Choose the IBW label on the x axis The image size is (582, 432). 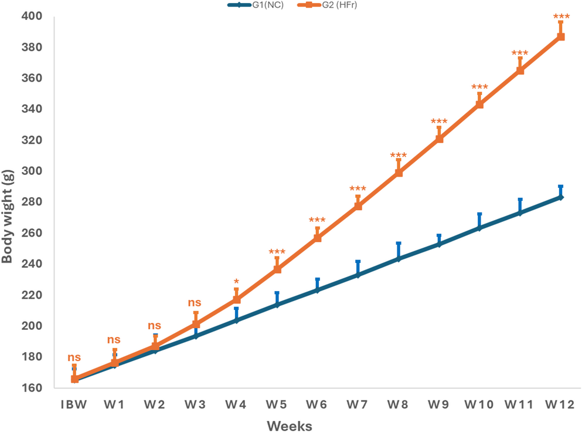tap(74, 406)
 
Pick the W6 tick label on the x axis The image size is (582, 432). tap(317, 406)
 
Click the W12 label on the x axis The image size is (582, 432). tap(560, 406)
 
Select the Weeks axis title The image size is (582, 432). tap(290, 425)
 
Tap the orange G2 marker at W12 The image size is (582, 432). tap(561, 37)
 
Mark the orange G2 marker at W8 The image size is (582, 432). tap(399, 173)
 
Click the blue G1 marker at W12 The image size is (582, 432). tap(561, 197)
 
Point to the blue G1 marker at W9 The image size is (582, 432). tap(439, 244)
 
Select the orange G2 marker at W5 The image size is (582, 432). tap(277, 269)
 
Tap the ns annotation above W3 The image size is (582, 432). tap(195, 303)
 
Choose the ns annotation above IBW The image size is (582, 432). tap(74, 357)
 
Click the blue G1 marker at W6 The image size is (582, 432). tap(317, 290)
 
